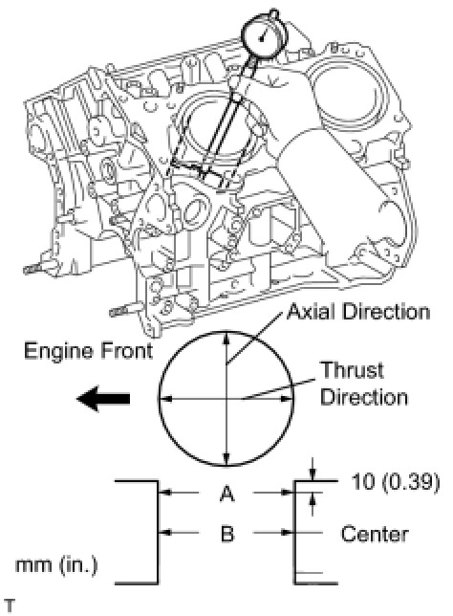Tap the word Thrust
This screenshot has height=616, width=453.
point(352,370)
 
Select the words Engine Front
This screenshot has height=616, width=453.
point(88,351)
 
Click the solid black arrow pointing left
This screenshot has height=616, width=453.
point(103,399)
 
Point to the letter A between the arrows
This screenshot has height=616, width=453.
point(226,494)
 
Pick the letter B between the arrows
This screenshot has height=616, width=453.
point(227,534)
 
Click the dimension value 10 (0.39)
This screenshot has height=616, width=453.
point(395,481)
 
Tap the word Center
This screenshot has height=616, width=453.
point(375,535)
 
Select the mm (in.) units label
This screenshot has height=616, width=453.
point(56,565)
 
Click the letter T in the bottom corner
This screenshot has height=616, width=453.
point(9,605)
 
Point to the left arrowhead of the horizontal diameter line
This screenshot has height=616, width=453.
point(166,399)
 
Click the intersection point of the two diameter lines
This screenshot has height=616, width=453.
point(226,399)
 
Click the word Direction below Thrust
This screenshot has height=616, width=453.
point(364,397)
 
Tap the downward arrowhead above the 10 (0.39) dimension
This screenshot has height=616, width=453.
point(313,474)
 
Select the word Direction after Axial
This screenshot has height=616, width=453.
point(386,313)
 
